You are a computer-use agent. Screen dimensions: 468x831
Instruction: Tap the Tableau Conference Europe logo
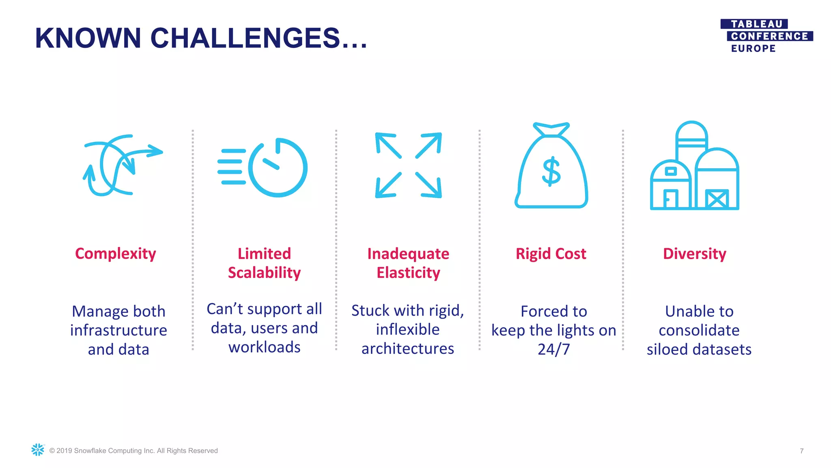[766, 36]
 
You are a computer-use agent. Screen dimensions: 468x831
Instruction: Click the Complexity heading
[116, 253]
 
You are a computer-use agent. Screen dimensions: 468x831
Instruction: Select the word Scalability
[264, 273]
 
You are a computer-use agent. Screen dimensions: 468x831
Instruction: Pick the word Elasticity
[408, 273]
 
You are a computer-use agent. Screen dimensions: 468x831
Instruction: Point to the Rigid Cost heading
[551, 254]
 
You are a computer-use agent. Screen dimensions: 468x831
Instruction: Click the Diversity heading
[694, 254]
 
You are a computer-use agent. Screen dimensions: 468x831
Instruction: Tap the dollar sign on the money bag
[551, 172]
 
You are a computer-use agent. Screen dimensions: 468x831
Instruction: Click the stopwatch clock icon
[278, 168]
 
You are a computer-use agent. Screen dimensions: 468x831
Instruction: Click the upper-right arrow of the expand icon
[429, 145]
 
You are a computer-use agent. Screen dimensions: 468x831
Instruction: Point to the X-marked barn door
[717, 199]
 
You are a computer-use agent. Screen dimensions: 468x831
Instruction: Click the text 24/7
[553, 349]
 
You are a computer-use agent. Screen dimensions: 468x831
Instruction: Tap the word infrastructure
[118, 330]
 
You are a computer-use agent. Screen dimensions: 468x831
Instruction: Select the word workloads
[264, 347]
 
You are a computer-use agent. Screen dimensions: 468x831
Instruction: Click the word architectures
[408, 349]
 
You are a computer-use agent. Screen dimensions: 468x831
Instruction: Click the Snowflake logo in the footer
[38, 450]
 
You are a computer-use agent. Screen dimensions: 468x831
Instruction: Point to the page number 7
[801, 451]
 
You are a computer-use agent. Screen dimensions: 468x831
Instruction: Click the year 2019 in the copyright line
[64, 451]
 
